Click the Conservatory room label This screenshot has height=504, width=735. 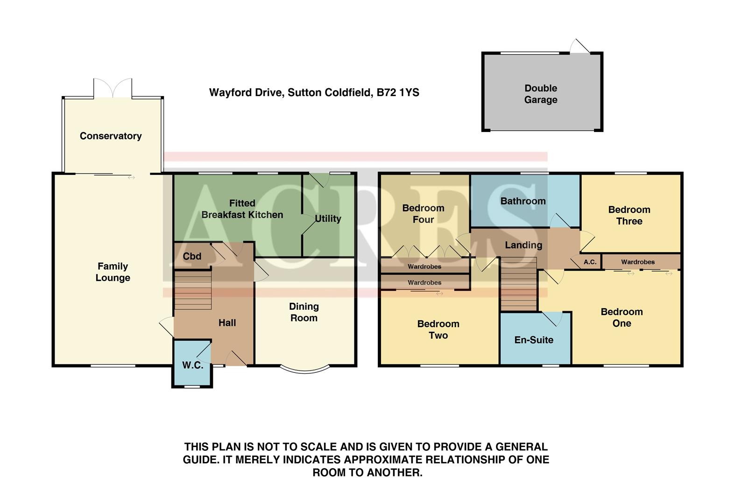click(111, 136)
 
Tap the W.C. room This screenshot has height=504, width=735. click(192, 365)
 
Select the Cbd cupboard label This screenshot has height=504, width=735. click(192, 256)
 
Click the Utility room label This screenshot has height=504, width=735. click(328, 218)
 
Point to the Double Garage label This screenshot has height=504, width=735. click(540, 94)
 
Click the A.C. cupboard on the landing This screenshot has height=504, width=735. click(590, 262)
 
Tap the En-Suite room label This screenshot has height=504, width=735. click(534, 340)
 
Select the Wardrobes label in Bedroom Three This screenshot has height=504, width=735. click(637, 262)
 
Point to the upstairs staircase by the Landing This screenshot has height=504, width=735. click(518, 285)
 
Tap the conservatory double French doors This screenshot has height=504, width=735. click(113, 88)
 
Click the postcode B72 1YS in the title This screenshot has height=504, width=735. click(398, 92)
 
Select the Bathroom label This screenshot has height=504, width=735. click(523, 201)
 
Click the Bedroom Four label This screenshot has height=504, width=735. click(423, 214)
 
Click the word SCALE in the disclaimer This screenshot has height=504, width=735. click(316, 447)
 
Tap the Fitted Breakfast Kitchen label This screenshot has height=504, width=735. click(242, 209)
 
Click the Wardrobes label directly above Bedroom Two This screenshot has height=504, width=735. click(424, 282)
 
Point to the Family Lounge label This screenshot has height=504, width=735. click(113, 272)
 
